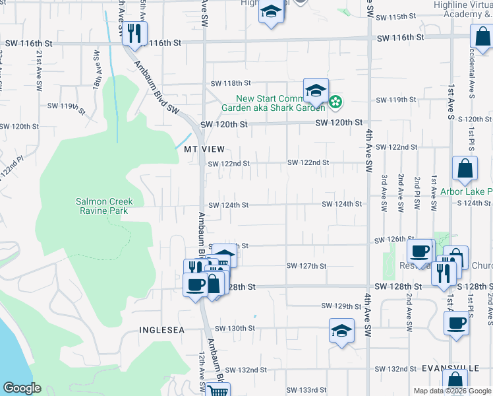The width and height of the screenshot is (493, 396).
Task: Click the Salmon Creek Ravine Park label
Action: [x=104, y=206]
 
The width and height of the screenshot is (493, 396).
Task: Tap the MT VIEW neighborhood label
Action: [x=204, y=149]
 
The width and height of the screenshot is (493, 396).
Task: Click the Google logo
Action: [x=22, y=388]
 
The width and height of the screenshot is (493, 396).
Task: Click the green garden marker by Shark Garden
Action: [x=335, y=102]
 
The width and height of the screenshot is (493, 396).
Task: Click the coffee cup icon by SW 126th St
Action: [x=420, y=251]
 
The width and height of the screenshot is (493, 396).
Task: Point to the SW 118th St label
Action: [x=231, y=84]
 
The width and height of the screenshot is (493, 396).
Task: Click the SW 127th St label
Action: [x=306, y=266]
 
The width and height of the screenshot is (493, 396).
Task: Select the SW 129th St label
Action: [x=342, y=306]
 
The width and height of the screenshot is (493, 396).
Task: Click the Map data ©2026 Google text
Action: [x=451, y=391]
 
